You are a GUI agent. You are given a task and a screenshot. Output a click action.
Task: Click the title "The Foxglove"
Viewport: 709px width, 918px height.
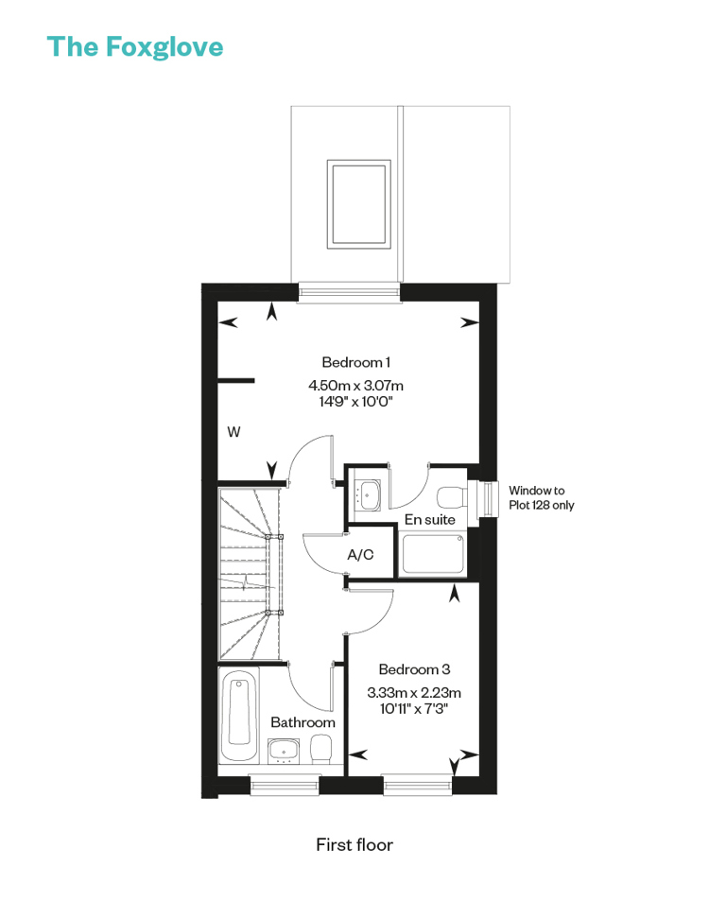click(135, 47)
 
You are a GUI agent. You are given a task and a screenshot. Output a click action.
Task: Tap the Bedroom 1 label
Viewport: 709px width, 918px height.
click(356, 362)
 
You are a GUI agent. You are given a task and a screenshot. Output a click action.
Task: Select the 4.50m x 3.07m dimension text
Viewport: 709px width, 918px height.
click(356, 385)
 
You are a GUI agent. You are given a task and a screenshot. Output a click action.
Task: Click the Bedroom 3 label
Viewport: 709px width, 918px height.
click(414, 669)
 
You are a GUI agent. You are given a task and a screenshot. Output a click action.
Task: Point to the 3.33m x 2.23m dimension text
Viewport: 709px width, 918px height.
click(414, 693)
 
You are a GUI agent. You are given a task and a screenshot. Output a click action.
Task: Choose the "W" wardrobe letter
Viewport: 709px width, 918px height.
click(233, 432)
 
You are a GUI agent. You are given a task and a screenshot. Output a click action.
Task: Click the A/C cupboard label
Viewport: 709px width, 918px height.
click(360, 554)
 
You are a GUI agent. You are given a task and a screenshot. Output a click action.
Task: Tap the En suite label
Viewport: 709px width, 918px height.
click(430, 519)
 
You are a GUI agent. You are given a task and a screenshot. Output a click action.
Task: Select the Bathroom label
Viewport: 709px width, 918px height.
click(303, 722)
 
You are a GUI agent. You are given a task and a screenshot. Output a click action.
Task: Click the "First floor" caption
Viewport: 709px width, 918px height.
click(354, 844)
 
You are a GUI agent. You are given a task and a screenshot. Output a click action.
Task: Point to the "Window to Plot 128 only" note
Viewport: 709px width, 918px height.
click(541, 497)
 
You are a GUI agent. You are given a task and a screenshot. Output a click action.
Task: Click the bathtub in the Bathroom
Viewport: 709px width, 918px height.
click(239, 716)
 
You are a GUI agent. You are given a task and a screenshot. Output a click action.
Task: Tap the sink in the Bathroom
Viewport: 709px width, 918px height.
click(284, 751)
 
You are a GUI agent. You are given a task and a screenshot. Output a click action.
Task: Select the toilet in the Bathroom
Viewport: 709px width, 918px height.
click(320, 750)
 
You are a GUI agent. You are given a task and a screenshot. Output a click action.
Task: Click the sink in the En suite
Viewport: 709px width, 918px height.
click(370, 495)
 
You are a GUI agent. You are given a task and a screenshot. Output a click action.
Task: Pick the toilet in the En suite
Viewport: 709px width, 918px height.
click(452, 497)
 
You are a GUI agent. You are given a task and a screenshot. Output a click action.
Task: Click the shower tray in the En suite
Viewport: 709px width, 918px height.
click(432, 554)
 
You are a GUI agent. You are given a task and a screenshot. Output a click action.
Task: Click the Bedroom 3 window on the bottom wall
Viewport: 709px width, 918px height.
click(418, 785)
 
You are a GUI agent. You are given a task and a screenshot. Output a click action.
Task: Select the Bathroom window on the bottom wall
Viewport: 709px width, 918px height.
click(285, 785)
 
